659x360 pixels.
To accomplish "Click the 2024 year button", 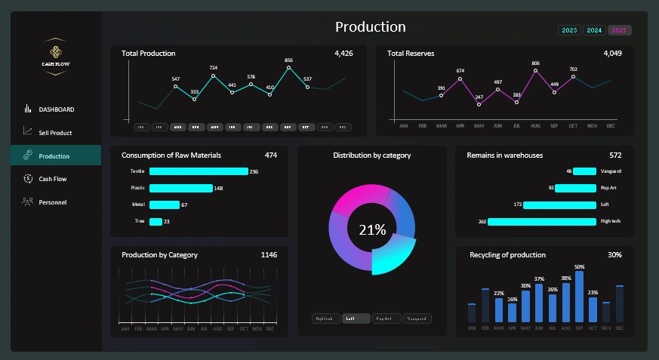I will [594, 30].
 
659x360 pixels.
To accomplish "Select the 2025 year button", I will [620, 30].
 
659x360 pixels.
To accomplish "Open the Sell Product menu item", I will [55, 133].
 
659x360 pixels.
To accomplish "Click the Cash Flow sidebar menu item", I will [53, 179].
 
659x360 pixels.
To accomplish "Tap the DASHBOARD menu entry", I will [56, 109].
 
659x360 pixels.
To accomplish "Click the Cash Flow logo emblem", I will [55, 52].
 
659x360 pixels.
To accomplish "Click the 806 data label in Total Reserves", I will [535, 63].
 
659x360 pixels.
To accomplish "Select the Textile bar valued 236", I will [199, 171].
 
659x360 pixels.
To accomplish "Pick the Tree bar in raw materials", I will [156, 221].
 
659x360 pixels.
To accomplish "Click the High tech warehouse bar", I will [542, 221].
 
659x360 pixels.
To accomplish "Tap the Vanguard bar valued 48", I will [585, 171].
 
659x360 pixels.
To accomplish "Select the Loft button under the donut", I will [356, 318].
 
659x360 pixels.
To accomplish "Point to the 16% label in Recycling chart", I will [513, 300].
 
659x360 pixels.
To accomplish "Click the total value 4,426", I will [343, 54].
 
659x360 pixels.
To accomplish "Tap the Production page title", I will [370, 27].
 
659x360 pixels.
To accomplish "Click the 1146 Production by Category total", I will [269, 255].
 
